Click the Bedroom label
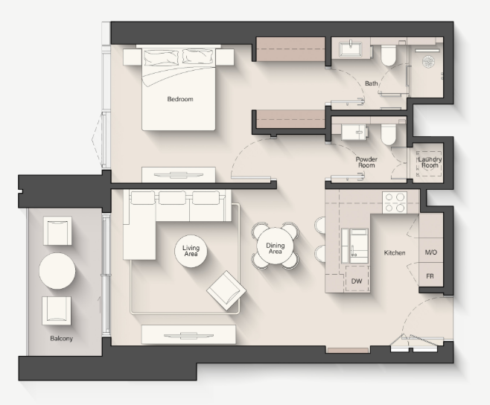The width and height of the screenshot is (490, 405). click(x=180, y=99)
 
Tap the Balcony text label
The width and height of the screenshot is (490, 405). click(x=61, y=339)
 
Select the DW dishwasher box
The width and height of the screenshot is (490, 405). click(x=357, y=279)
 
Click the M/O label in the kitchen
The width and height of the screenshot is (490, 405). click(x=431, y=252)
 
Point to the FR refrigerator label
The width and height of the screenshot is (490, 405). click(x=430, y=276)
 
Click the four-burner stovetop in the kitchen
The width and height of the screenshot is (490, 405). click(x=395, y=202)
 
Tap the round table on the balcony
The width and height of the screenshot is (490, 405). click(x=57, y=271)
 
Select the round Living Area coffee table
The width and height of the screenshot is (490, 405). click(x=191, y=251)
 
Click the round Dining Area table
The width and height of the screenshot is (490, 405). click(x=276, y=246)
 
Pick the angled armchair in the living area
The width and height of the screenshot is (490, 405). click(x=226, y=290)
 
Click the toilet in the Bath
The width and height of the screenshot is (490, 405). click(x=388, y=54)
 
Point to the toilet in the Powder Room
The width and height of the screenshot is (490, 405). click(x=388, y=134)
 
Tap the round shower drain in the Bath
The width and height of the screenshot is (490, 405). click(x=427, y=61)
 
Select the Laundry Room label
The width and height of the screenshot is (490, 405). click(x=430, y=162)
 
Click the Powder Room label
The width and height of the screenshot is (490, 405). click(x=366, y=162)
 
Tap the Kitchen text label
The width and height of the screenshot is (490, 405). click(x=395, y=252)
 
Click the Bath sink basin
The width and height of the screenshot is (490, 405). click(x=351, y=49)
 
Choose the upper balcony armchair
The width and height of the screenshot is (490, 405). click(x=57, y=231)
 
